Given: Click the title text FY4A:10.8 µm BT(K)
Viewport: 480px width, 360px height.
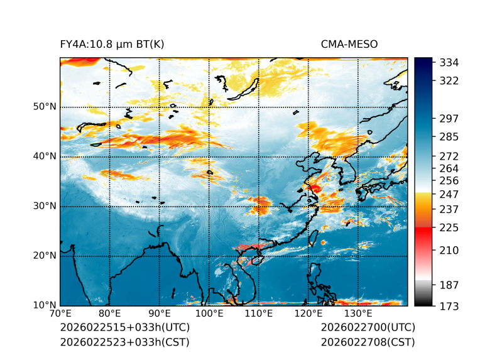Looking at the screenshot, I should click(112, 45).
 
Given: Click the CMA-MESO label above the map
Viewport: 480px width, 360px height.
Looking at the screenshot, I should click(349, 45).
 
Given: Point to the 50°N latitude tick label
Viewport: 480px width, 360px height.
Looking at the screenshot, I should click(44, 107).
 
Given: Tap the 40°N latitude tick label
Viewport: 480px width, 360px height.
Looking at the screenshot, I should click(44, 156).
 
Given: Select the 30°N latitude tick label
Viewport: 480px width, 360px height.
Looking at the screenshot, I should click(44, 206).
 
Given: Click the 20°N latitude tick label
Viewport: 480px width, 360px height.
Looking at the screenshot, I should click(44, 256).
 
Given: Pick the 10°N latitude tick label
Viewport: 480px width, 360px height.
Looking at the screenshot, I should click(44, 306).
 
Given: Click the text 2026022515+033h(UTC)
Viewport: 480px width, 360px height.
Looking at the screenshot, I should click(124, 328).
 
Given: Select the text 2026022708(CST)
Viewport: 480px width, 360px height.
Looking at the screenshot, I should click(368, 342).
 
